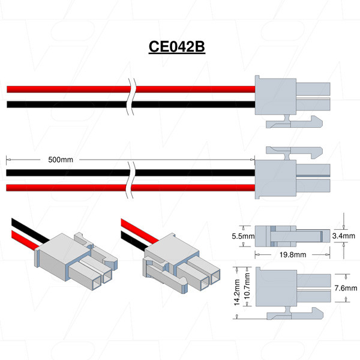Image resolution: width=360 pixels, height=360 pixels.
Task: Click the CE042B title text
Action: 177,47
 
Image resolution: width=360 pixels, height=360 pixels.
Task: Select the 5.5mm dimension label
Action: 243,237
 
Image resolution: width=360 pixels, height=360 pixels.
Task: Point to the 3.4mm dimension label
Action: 343,237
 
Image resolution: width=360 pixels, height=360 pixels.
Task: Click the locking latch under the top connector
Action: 294,123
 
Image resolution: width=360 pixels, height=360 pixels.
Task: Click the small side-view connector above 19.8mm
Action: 292,236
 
